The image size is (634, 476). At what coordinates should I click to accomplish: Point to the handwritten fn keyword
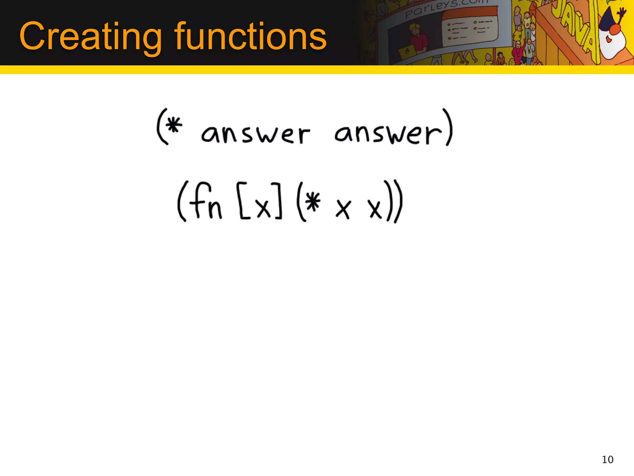(x=206, y=201)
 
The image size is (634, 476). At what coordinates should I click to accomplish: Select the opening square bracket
(x=243, y=201)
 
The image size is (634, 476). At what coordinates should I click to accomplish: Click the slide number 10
(x=607, y=459)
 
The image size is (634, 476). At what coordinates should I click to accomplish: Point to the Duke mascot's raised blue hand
(x=621, y=12)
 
